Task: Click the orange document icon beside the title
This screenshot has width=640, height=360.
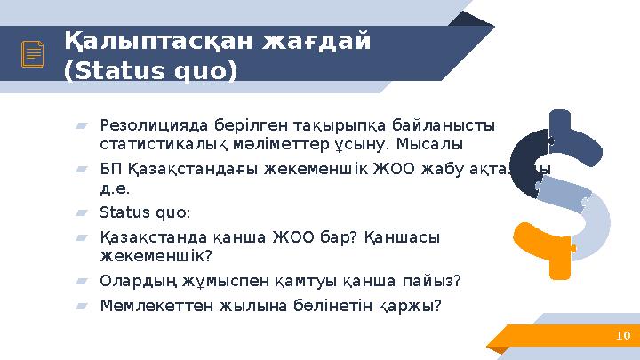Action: click(33, 55)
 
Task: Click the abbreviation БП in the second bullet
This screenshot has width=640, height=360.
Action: click(111, 170)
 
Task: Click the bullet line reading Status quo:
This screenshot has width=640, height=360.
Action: click(145, 212)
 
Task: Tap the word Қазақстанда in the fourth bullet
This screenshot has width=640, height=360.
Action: click(147, 237)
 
